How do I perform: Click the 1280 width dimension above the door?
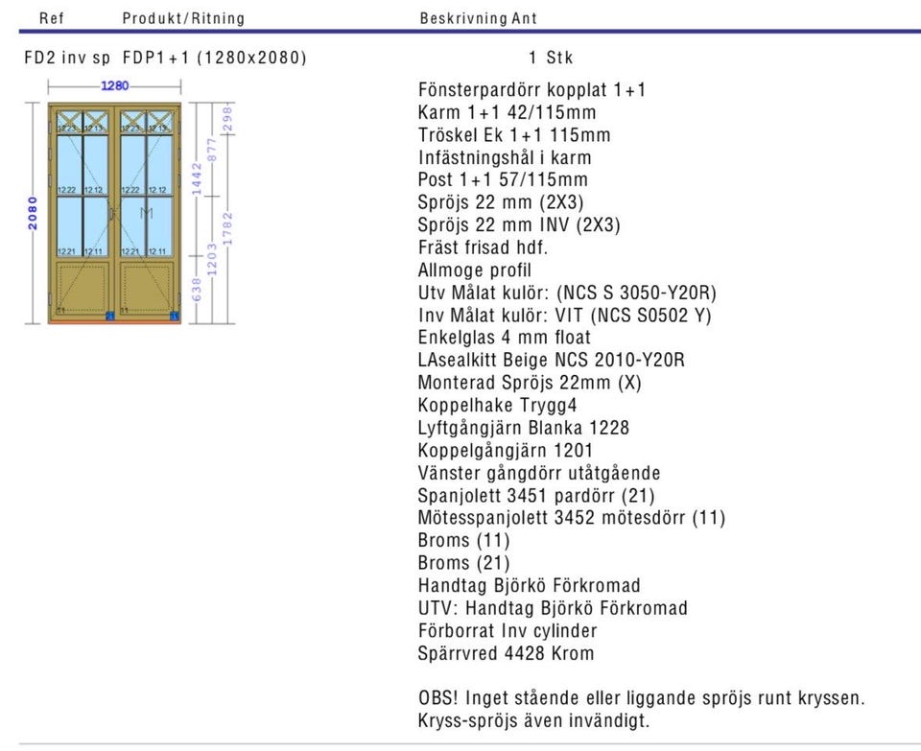[115, 85]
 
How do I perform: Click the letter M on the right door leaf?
[146, 213]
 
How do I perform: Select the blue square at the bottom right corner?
[174, 315]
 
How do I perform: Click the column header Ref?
[52, 18]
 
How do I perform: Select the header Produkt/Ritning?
[183, 18]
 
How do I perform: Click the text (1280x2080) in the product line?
[252, 58]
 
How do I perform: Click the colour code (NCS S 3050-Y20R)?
[636, 293]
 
